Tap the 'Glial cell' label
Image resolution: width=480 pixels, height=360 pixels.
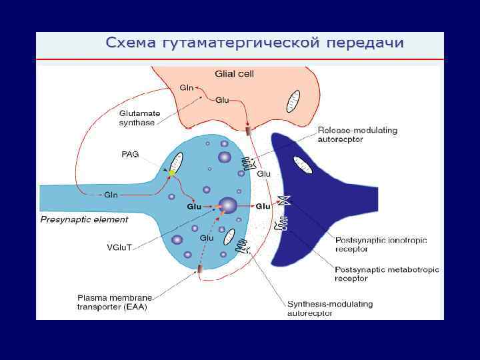234,73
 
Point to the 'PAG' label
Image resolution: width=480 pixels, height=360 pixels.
130,154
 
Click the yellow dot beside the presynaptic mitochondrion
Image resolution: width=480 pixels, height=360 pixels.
171,173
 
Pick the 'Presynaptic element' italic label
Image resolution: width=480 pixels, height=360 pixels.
84,219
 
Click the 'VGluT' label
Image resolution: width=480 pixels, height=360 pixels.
120,247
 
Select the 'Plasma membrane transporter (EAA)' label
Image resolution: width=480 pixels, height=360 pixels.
115,302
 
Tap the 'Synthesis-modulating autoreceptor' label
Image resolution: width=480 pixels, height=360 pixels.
330,308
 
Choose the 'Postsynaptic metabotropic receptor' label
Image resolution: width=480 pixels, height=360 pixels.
387,273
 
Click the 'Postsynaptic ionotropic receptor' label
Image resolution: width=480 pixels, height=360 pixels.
381,244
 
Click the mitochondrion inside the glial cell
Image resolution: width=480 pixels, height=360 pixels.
293,101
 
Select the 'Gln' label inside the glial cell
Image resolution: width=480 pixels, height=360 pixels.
187,87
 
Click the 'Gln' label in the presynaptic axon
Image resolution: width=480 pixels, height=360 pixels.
111,195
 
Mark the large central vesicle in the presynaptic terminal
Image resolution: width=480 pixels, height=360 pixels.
228,205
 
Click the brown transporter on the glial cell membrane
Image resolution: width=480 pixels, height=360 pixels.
249,131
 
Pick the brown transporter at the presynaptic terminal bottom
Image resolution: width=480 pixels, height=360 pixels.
200,269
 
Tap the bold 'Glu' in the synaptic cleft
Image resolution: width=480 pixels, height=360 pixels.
263,207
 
